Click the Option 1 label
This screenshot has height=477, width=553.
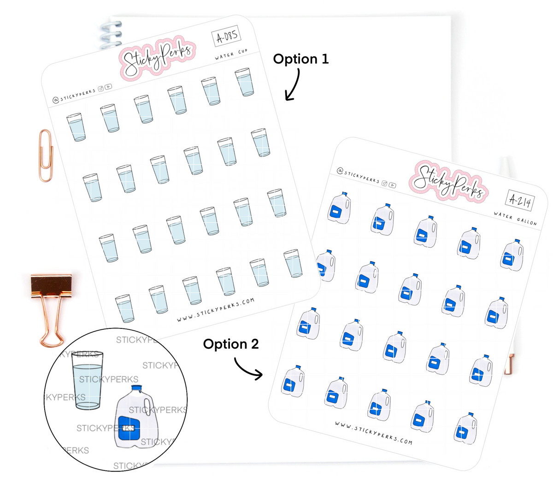click(x=301, y=59)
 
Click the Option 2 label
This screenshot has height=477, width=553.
click(x=231, y=344)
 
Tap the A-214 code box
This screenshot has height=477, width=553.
click(x=520, y=201)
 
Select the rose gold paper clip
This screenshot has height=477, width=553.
click(x=45, y=152)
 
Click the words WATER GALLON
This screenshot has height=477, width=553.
click(x=515, y=218)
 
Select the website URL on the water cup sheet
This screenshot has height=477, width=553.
click(x=215, y=311)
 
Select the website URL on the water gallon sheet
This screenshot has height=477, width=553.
click(x=373, y=433)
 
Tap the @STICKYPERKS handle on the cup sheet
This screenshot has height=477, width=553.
click(x=74, y=95)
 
